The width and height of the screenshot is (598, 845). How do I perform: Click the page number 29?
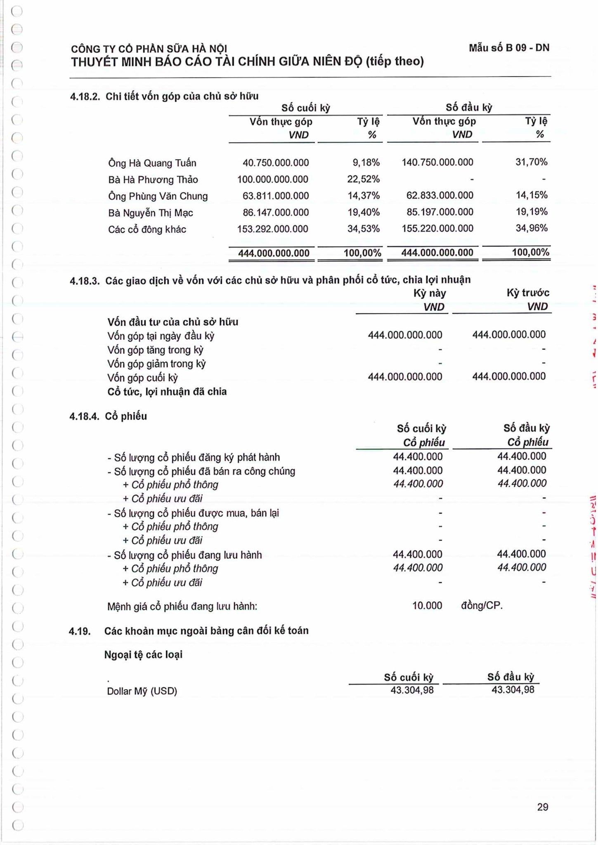542,807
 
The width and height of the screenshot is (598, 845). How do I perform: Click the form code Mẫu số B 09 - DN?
508,48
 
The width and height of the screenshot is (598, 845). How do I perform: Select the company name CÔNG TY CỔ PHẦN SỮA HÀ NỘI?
149,49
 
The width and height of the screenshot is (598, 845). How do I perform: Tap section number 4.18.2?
85,97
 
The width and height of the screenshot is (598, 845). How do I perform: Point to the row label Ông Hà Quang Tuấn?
152,163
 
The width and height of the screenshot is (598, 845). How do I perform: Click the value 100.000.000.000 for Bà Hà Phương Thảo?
272,179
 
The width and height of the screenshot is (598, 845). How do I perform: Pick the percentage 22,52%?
363,179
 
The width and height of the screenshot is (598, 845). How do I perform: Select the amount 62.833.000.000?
440,195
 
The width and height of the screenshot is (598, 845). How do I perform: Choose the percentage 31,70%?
531,162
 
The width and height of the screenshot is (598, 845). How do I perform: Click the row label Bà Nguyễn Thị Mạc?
150,213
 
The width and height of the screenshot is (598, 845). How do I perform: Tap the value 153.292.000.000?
272,229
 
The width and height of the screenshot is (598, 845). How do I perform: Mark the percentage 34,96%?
531,228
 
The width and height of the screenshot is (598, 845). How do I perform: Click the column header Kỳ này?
429,293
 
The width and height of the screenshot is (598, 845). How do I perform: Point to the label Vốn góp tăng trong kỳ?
155,350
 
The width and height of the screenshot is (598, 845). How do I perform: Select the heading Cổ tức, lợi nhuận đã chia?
167,392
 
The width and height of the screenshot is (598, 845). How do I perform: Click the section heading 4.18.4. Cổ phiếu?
108,416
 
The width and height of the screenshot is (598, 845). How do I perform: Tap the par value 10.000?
427,606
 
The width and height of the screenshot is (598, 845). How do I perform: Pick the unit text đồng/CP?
482,606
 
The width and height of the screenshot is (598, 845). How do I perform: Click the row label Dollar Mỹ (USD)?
142,691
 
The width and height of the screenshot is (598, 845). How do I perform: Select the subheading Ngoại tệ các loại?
143,655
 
